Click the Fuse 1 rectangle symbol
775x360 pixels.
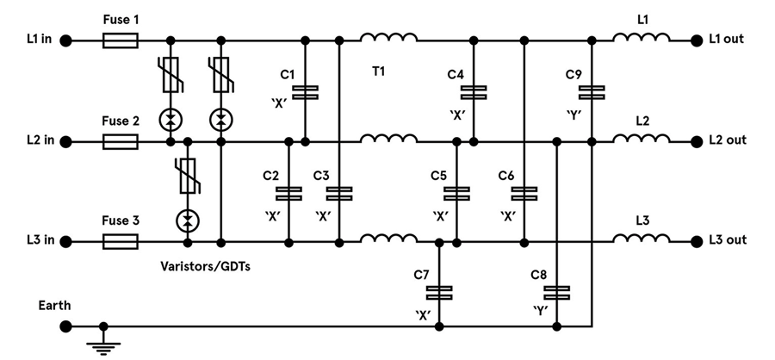[121, 40]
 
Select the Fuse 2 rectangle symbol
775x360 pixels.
[121, 140]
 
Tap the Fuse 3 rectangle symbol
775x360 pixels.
[121, 241]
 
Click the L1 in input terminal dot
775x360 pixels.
[65, 40]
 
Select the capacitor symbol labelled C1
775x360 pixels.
[305, 91]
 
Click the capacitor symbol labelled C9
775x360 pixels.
[592, 91]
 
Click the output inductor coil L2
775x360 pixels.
[642, 138]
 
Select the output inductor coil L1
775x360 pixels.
[642, 37]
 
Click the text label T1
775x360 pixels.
[378, 71]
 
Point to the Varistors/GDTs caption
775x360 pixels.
[211, 266]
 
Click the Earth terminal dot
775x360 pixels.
[65, 326]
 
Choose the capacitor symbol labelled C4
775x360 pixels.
[474, 91]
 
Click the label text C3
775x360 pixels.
[321, 176]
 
